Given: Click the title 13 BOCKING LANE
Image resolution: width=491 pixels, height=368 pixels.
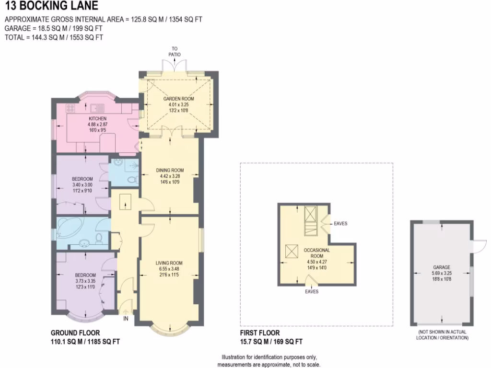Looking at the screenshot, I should [51, 6].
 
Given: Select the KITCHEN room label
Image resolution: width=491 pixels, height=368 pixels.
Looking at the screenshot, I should [98, 118].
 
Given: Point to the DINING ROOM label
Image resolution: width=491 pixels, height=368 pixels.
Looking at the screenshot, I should [170, 170].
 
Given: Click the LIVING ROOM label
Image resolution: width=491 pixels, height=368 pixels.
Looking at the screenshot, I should [169, 263].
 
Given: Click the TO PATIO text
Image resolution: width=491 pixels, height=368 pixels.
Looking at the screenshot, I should [175, 51].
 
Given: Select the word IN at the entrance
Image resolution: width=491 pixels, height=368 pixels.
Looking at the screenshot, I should [126, 318].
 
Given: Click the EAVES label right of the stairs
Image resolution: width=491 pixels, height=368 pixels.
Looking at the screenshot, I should [340, 223].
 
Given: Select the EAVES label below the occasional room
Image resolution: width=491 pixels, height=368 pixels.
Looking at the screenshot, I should [312, 291].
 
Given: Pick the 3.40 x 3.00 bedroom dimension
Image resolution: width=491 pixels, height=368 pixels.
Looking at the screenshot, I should [82, 184].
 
